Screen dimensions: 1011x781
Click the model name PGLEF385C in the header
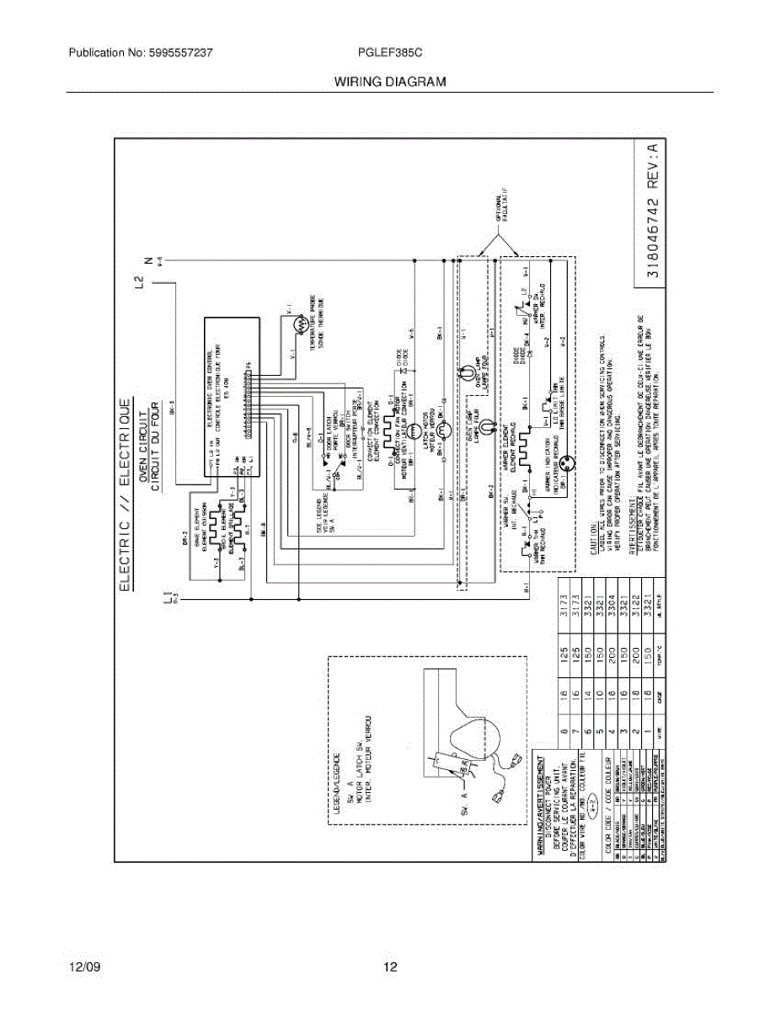click(x=390, y=52)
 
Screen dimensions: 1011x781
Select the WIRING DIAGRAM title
click(x=390, y=82)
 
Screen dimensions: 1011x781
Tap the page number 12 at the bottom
click(x=390, y=967)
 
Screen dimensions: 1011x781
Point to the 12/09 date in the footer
click(x=84, y=967)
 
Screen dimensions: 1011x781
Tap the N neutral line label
click(x=149, y=260)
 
